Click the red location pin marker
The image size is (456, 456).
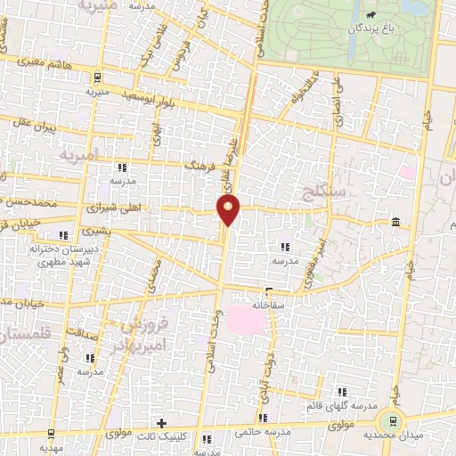(x=229, y=211)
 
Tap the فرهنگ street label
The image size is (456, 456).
(x=195, y=166)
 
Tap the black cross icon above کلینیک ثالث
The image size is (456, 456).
(x=160, y=423)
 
